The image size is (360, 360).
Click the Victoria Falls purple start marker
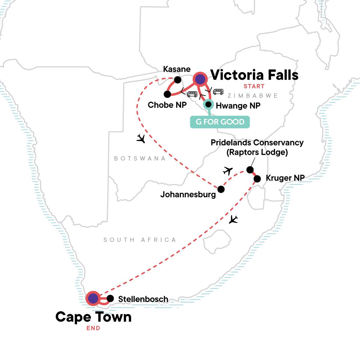pos(200,79)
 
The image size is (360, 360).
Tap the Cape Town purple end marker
pos(93,298)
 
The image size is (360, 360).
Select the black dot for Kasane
pos(178,80)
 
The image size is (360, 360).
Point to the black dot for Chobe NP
pos(167,94)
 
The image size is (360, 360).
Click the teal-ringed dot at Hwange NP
pos(208,104)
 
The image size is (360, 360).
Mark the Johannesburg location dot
pos(221,189)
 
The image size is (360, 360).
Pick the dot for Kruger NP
pos(257,179)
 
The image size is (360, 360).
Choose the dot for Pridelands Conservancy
pos(250,170)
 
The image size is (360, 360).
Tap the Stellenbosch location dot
pos(110,298)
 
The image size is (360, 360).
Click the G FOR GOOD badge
pos(220,122)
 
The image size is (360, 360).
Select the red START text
pos(254,86)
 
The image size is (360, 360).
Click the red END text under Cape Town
pos(93,328)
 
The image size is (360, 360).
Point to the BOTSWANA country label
pos(140,158)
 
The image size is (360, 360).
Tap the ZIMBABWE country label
pos(253,96)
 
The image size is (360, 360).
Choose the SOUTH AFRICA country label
pos(140,240)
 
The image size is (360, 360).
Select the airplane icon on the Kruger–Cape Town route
pos(233,220)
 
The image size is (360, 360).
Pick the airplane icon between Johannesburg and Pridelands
pos(228,171)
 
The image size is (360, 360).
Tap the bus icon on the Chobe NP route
pos(192,94)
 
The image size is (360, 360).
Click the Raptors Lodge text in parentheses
pos(257,152)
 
